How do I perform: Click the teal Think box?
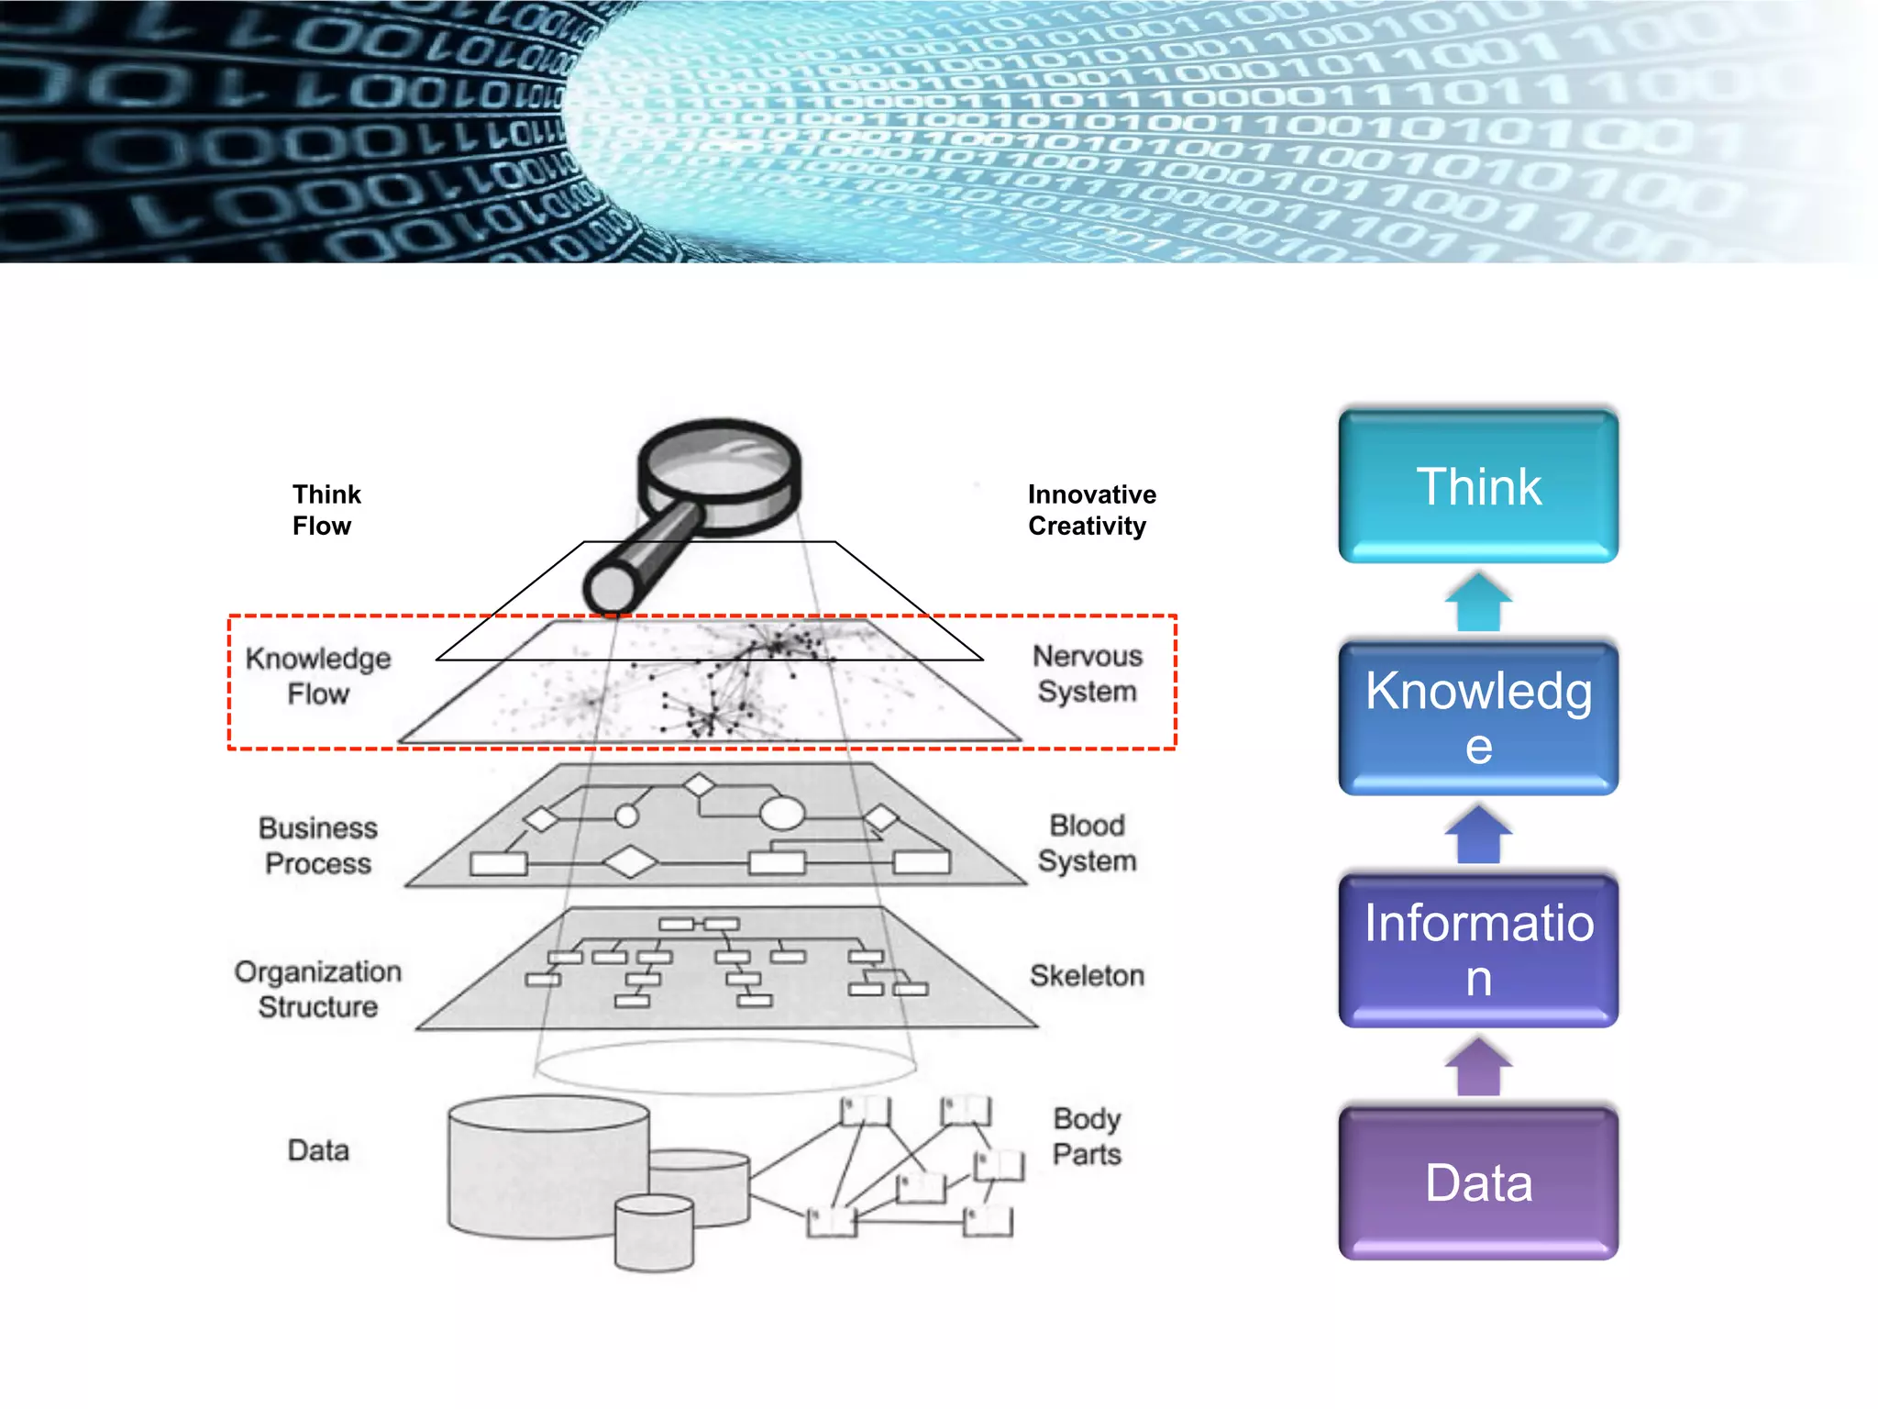tap(1477, 486)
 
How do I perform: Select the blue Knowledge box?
tap(1477, 717)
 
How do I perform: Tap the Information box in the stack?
tap(1477, 949)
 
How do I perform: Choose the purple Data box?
tap(1477, 1182)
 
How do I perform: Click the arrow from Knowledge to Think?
tap(1477, 603)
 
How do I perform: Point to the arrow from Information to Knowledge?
tap(1477, 835)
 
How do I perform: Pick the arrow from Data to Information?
tap(1477, 1067)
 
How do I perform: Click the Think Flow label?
tap(326, 510)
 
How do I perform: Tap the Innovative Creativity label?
tap(1091, 510)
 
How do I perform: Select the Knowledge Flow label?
tap(317, 676)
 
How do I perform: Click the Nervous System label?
tap(1087, 673)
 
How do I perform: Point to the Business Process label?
tap(317, 846)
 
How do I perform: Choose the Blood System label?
tap(1087, 843)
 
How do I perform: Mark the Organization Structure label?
tap(317, 989)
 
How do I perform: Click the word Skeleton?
tap(1087, 975)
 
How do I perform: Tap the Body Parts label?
tap(1087, 1136)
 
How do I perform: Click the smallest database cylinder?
tap(654, 1233)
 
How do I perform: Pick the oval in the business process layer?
tap(782, 813)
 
